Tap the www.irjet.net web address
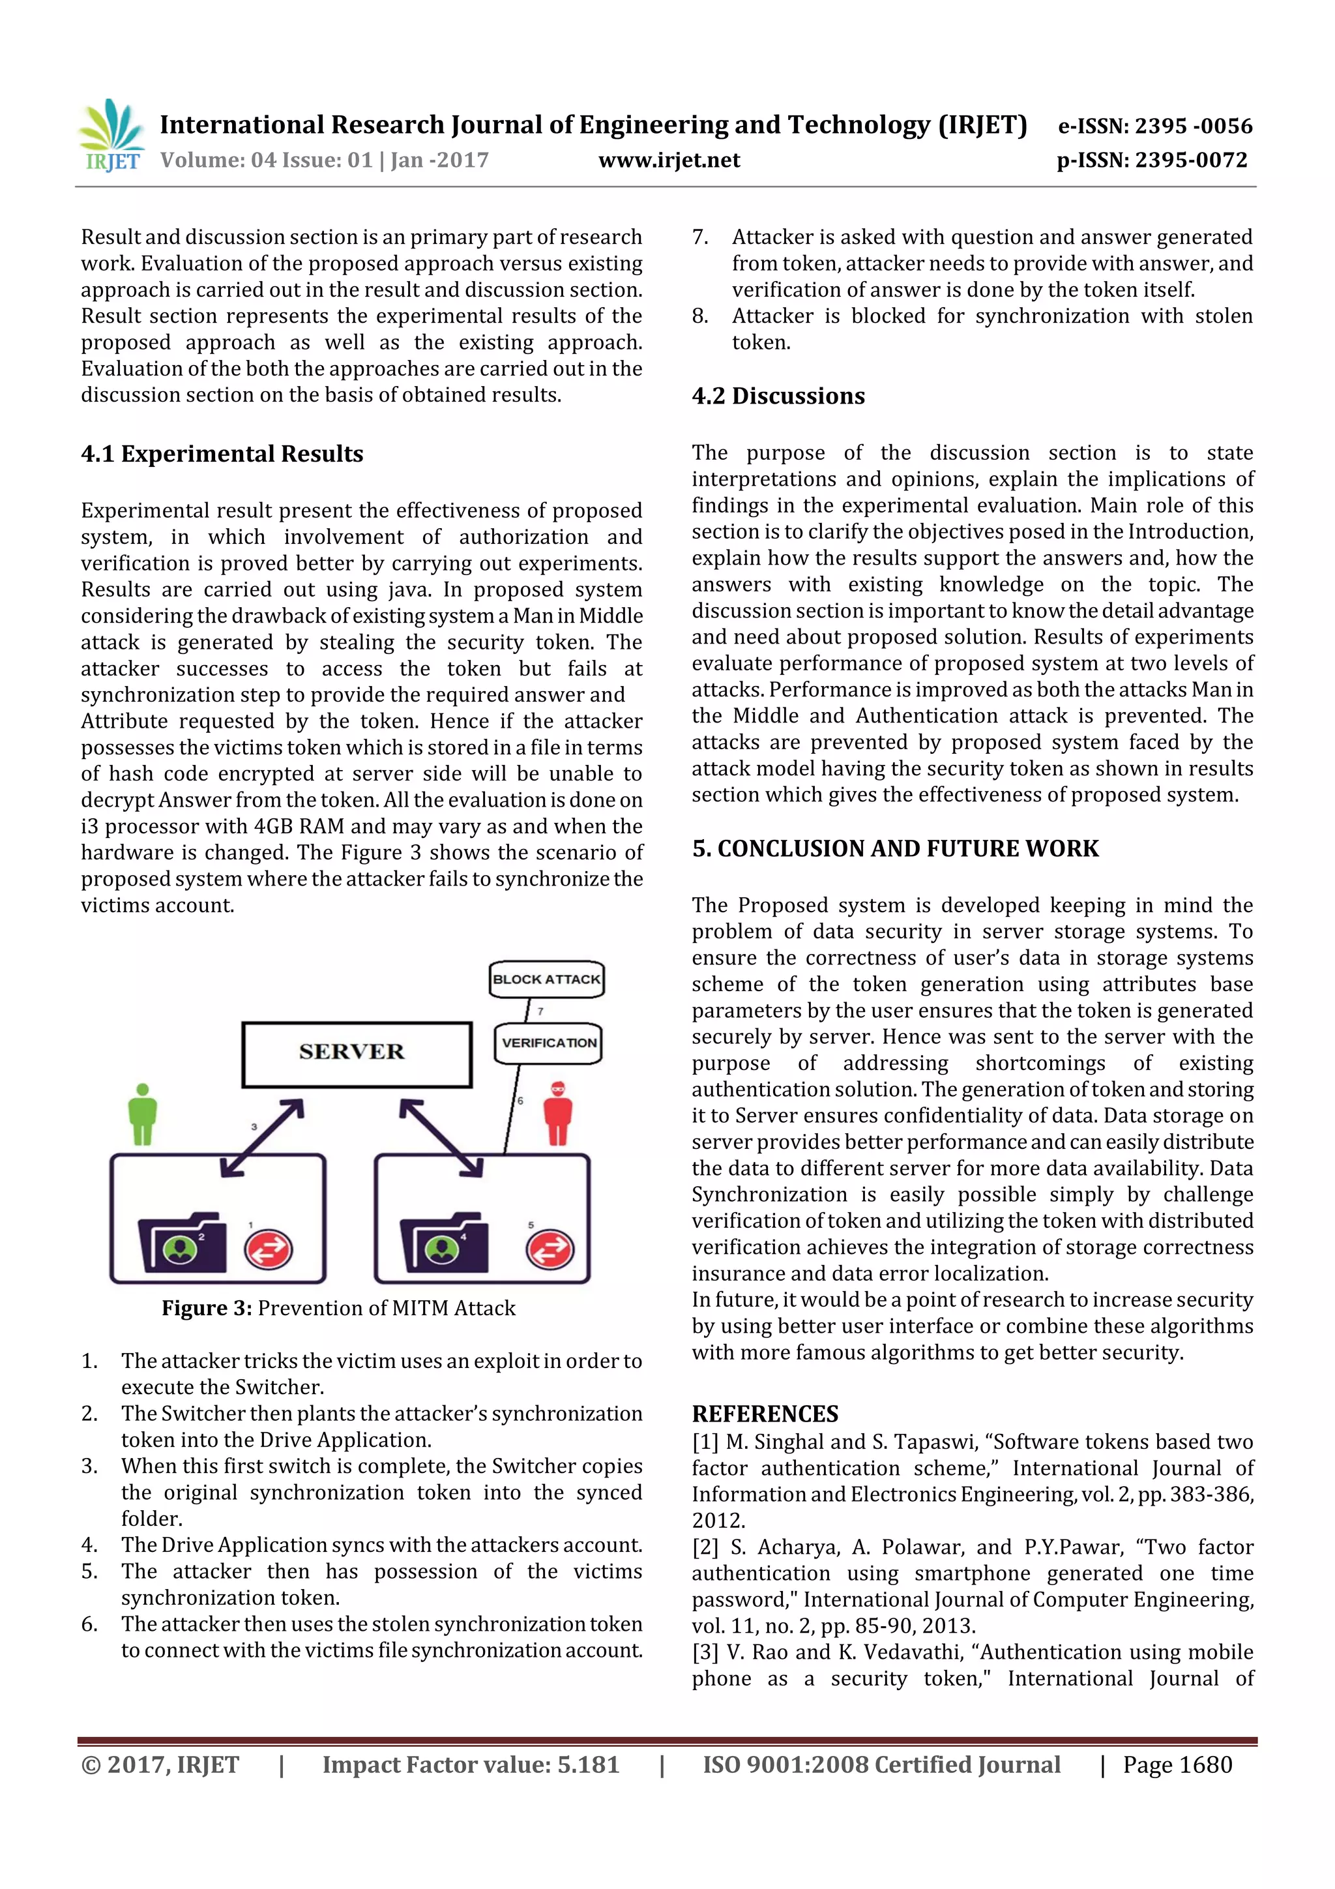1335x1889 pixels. tap(669, 160)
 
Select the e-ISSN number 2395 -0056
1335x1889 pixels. tap(1154, 126)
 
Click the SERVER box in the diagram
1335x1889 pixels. tap(356, 1054)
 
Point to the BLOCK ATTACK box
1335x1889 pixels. tap(546, 979)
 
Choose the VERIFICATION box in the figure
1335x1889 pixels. tap(549, 1043)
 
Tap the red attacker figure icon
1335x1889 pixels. tap(559, 1113)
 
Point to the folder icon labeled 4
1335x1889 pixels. tap(444, 1244)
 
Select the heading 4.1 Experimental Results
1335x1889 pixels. tap(222, 454)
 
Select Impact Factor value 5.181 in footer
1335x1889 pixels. tap(470, 1764)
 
